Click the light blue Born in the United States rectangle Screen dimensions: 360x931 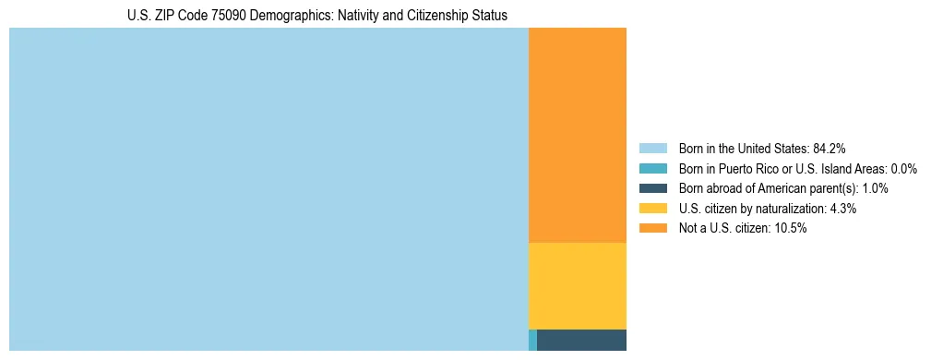coord(268,189)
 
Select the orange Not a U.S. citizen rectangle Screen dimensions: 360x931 coord(577,135)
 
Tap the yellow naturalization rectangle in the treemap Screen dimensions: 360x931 coord(577,285)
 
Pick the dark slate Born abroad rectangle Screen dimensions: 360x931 coord(581,340)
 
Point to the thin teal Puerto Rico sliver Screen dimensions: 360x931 coord(532,340)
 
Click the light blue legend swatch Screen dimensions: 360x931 coord(652,148)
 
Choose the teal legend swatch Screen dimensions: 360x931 coord(652,168)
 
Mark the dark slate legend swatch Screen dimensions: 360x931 coord(652,188)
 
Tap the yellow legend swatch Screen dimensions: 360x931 coord(652,209)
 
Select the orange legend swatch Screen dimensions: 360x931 coord(652,229)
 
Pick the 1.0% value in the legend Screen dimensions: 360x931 coord(875,188)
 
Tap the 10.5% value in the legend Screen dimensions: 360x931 coord(791,229)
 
